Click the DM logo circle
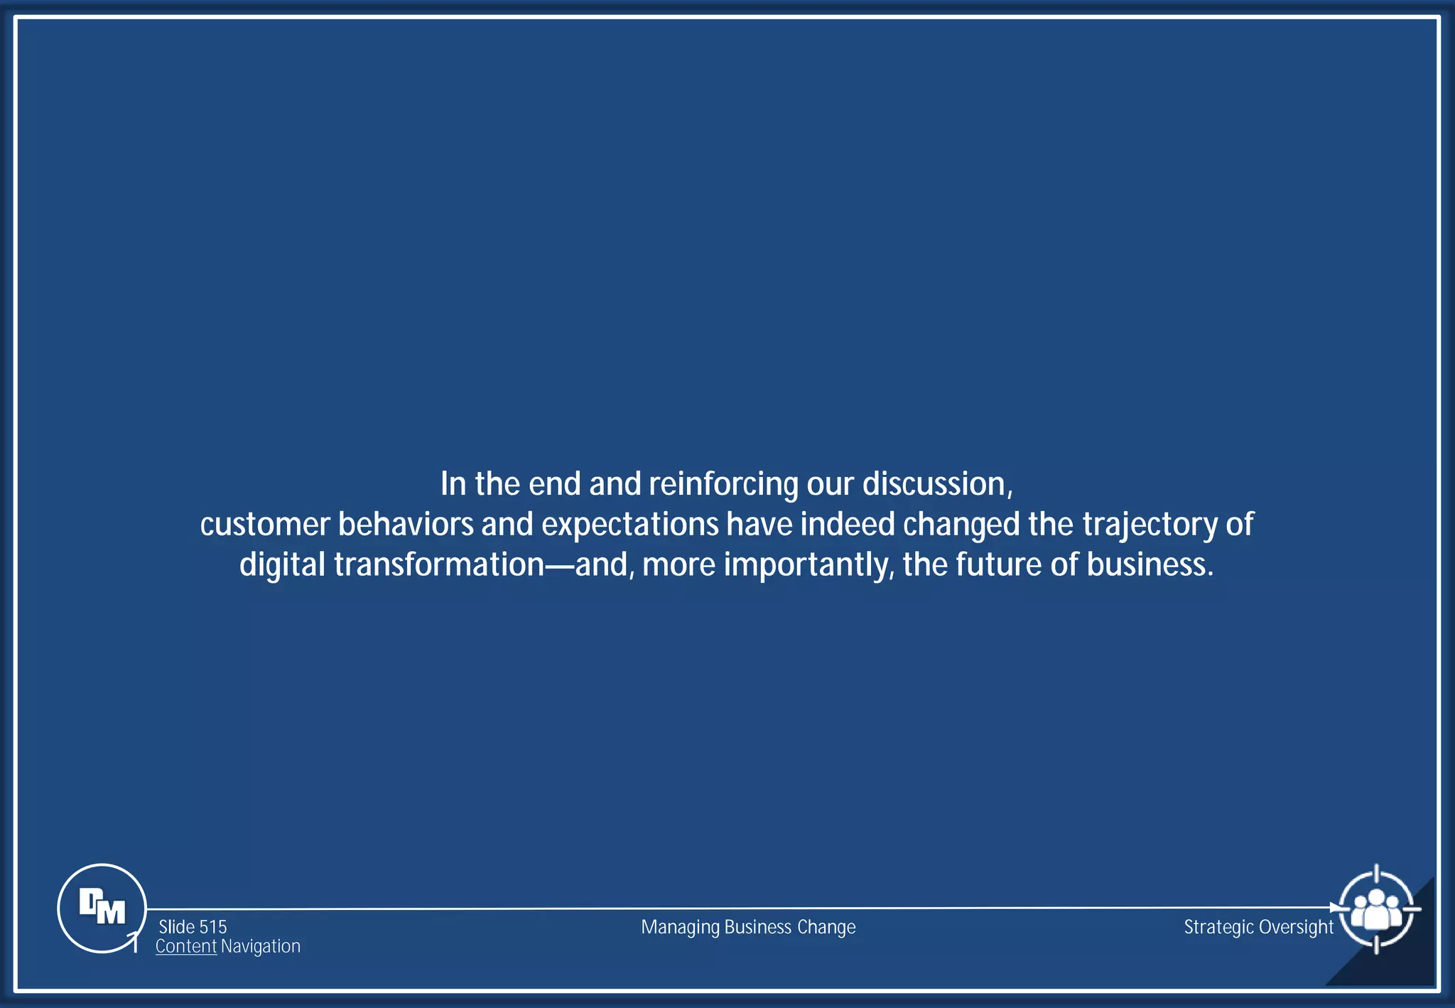tap(102, 908)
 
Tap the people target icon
tap(1376, 909)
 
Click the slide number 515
tap(212, 927)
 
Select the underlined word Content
tap(186, 946)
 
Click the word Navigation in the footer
tap(261, 946)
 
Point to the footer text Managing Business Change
tap(748, 927)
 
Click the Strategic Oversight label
tap(1258, 927)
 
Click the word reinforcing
tap(723, 485)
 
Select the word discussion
tap(934, 484)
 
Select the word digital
tap(282, 565)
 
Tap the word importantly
tap(806, 565)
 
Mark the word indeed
tap(848, 525)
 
